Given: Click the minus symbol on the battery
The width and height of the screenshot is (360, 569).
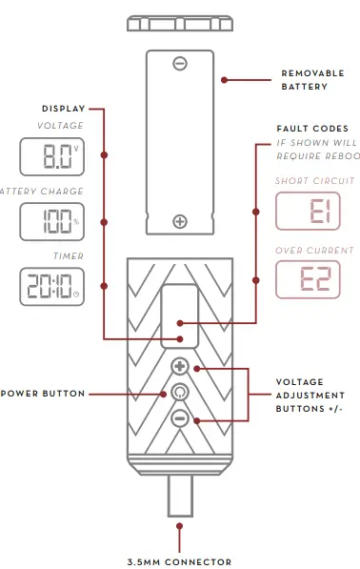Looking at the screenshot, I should pyautogui.click(x=180, y=64).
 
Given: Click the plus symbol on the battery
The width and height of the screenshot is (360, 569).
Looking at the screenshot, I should pyautogui.click(x=180, y=221).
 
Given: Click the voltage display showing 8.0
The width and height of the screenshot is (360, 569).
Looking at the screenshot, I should pyautogui.click(x=50, y=155).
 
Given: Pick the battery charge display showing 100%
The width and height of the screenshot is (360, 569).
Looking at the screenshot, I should pyautogui.click(x=50, y=220).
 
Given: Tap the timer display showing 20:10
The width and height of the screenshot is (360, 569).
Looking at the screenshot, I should pyautogui.click(x=50, y=285).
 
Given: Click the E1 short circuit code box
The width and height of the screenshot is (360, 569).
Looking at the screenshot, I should pyautogui.click(x=308, y=211).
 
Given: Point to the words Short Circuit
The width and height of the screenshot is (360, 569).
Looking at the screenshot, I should pyautogui.click(x=314, y=180).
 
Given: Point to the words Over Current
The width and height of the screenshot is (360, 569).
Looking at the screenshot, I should pyautogui.click(x=314, y=250).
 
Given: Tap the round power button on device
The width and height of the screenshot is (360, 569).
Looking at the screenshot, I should pyautogui.click(x=180, y=392).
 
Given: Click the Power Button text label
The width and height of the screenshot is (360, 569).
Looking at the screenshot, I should pyautogui.click(x=43, y=393).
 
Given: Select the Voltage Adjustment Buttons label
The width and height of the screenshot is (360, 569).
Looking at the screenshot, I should pyautogui.click(x=310, y=395).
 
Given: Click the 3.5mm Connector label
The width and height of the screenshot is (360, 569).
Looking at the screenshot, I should pyautogui.click(x=181, y=561).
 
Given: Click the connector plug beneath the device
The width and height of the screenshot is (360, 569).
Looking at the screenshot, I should pyautogui.click(x=180, y=495).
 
